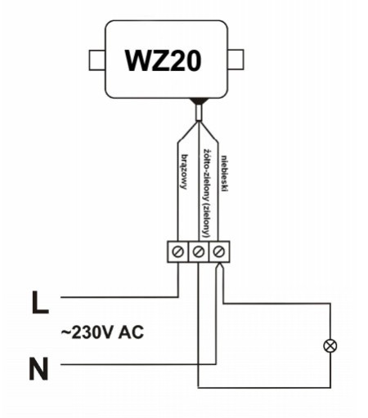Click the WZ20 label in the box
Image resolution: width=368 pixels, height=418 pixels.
click(163, 60)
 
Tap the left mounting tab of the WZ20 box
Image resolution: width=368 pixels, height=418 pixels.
click(97, 60)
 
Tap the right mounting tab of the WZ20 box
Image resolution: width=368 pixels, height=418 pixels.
click(236, 60)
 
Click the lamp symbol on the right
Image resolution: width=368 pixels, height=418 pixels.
click(330, 346)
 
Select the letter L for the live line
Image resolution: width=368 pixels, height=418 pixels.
click(40, 302)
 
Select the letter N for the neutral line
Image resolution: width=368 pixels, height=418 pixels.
click(38, 368)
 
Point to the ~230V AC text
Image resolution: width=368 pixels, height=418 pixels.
click(102, 332)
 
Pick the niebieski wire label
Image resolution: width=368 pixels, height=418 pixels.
click(224, 173)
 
